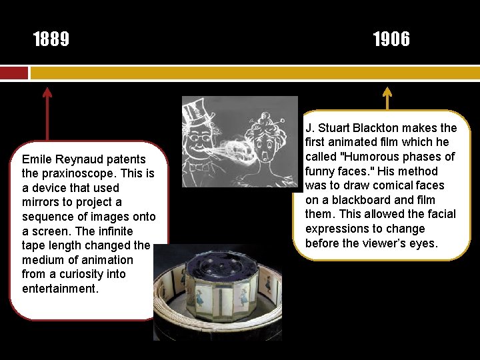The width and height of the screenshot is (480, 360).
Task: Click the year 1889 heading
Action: pyautogui.click(x=51, y=40)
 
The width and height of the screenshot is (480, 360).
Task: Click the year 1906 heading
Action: pyautogui.click(x=391, y=40)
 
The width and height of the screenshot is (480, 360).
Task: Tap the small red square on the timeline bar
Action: pyautogui.click(x=14, y=73)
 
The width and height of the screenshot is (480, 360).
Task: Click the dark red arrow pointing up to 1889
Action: pyautogui.click(x=47, y=113)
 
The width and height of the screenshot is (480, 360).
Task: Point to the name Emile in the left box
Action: pyautogui.click(x=36, y=159)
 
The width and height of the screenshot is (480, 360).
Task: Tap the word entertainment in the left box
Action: pyautogui.click(x=59, y=289)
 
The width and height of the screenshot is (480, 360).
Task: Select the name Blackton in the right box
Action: pyautogui.click(x=383, y=128)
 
